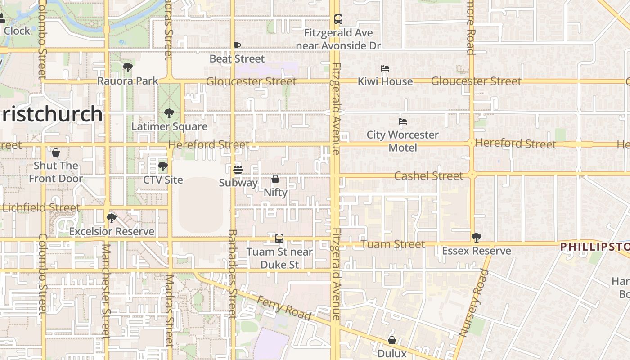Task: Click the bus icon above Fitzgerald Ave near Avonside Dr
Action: (338, 19)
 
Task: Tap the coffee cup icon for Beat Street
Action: (237, 45)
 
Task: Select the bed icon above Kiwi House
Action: (385, 68)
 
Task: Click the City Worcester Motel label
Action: (402, 141)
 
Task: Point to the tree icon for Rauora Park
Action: (128, 68)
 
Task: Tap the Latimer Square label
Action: (169, 126)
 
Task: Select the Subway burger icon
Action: (238, 170)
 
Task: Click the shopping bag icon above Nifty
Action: (275, 179)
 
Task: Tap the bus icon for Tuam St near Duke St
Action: (279, 238)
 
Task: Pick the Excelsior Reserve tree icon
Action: (112, 218)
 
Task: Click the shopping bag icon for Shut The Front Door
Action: (56, 153)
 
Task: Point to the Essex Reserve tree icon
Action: (477, 238)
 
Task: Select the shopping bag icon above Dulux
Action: (392, 340)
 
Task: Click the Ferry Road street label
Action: (284, 307)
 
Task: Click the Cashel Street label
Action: (428, 176)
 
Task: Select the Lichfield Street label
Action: (41, 208)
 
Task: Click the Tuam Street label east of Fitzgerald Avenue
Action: (393, 244)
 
